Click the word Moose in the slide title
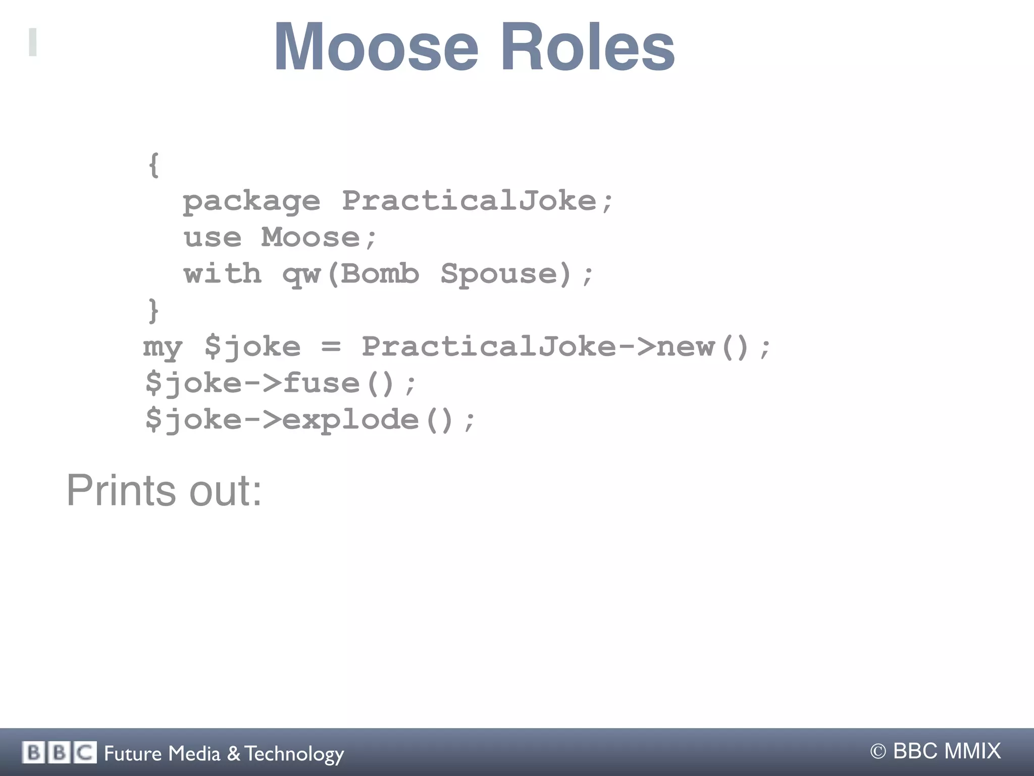[x=376, y=47]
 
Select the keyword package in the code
[x=251, y=202]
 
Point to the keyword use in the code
[x=213, y=238]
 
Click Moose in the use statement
[x=311, y=237]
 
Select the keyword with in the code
[x=223, y=273]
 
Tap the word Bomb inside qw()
[x=380, y=274]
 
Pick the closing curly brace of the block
[x=153, y=310]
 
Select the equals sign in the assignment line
[x=331, y=347]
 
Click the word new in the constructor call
[x=686, y=347]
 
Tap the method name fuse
[x=321, y=383]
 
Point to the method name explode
[x=350, y=420]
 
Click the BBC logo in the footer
[x=59, y=753]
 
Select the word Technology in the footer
[x=295, y=754]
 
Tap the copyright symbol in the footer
[x=878, y=752]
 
